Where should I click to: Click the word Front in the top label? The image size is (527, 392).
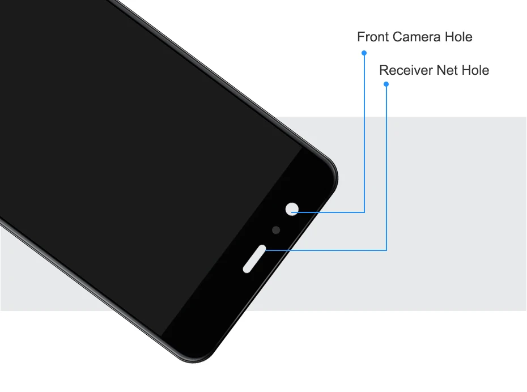tap(373, 37)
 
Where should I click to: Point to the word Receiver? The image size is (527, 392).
tap(406, 71)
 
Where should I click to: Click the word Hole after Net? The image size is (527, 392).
tap(476, 71)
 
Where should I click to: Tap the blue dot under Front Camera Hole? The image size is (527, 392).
tap(364, 53)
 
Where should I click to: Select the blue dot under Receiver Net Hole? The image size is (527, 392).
tap(386, 84)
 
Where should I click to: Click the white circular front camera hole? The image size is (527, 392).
tap(292, 208)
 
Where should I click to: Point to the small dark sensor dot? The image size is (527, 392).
tap(277, 230)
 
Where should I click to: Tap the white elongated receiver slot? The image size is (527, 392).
tap(255, 259)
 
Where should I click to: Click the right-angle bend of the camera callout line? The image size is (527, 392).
tap(364, 212)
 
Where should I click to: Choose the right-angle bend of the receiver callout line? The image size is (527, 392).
tap(386, 249)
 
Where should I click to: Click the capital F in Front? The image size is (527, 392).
tap(361, 37)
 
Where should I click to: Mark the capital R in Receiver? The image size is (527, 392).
tap(384, 71)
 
